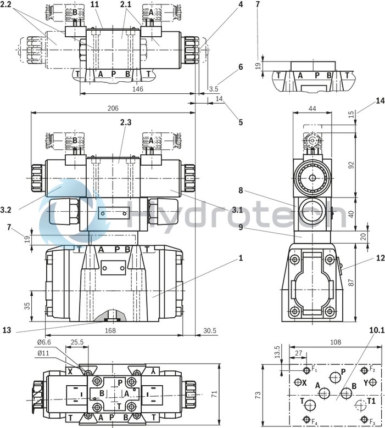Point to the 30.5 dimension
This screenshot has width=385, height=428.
209,330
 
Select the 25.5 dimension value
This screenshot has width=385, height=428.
77,342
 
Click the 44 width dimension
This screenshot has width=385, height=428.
312,109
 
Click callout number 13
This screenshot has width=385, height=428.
7,330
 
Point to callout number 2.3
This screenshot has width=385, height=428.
125,122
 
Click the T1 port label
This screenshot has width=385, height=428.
372,401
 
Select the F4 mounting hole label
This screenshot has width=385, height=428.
315,421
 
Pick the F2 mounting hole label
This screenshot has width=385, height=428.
372,369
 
